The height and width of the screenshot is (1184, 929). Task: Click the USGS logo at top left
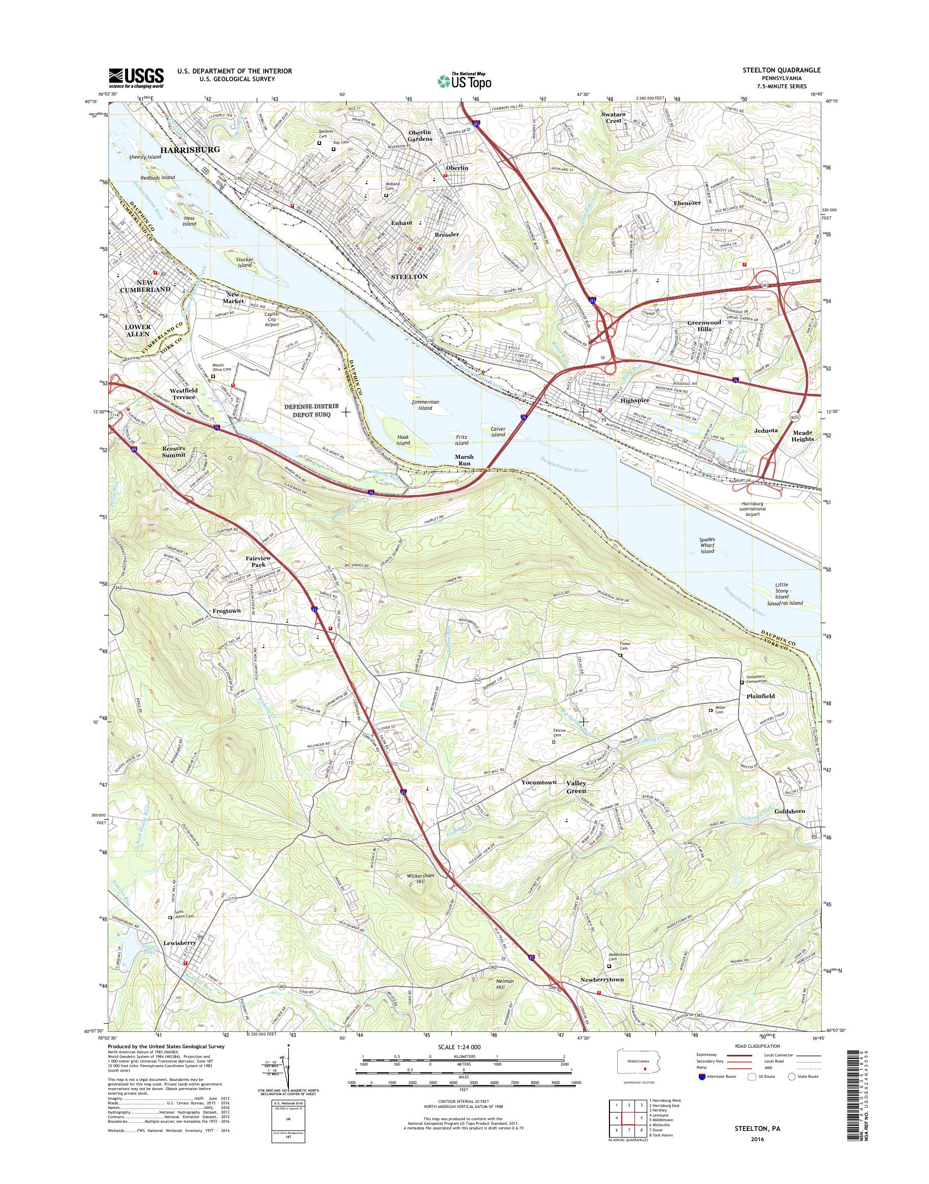(136, 77)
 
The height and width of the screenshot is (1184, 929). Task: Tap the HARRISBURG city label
(189, 149)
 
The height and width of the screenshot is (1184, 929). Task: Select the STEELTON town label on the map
(409, 277)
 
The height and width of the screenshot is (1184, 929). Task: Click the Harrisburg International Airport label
(753, 508)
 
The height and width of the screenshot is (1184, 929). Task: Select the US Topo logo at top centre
(464, 81)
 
